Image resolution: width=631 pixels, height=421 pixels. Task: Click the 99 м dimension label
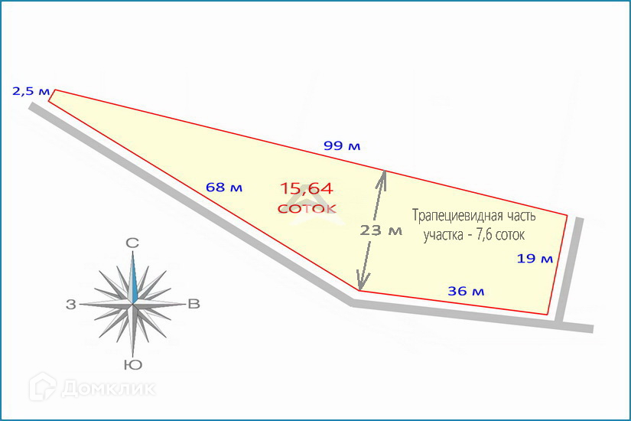[341, 145]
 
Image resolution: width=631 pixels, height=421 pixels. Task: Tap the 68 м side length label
[224, 187]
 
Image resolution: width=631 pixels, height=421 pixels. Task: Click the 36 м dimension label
[466, 291]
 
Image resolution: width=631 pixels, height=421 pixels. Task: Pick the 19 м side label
[535, 259]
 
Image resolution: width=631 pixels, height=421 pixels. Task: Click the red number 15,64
[306, 189]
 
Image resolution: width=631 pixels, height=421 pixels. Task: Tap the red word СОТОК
[306, 207]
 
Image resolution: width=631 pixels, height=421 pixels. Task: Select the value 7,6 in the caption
[485, 235]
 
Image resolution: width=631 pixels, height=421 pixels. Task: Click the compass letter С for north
[132, 243]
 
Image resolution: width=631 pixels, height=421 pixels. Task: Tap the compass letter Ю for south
[132, 364]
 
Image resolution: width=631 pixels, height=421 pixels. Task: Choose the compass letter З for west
[71, 305]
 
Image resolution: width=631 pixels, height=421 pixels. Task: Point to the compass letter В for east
[194, 305]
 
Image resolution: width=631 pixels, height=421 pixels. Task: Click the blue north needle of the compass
[133, 279]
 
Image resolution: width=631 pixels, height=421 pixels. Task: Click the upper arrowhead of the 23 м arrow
[384, 178]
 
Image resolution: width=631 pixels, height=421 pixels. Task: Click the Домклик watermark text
[108, 388]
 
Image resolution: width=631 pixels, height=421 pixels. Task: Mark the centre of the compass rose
[133, 305]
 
